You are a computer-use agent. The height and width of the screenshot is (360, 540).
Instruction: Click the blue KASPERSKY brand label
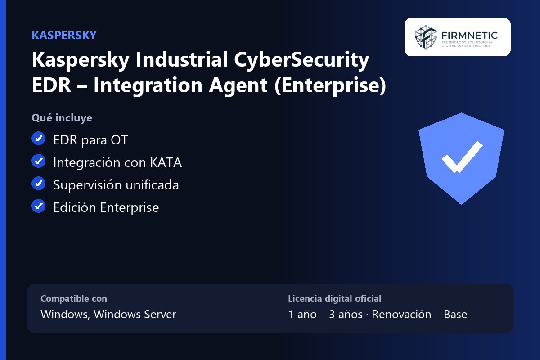click(x=64, y=35)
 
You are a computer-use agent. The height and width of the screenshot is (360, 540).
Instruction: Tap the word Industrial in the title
click(x=181, y=59)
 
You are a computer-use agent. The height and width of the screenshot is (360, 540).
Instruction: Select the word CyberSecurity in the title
click(x=301, y=61)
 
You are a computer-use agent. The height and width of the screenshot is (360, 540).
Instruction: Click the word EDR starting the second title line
click(x=51, y=85)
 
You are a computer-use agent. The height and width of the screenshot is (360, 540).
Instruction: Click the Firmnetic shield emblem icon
click(x=426, y=37)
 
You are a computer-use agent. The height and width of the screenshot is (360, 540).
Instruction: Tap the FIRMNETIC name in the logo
click(x=469, y=36)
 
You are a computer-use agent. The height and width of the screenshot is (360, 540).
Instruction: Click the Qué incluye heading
click(x=62, y=118)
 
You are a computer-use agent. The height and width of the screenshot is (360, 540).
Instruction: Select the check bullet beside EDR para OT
click(x=39, y=139)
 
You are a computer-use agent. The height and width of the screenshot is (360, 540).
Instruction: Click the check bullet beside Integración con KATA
click(x=39, y=161)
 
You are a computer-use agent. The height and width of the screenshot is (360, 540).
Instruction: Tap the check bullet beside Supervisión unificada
click(x=39, y=184)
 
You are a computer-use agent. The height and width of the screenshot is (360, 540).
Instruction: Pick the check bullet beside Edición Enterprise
click(x=39, y=206)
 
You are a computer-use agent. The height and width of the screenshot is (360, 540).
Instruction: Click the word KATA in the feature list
click(x=166, y=162)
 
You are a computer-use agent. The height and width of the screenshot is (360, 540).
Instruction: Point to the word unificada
click(x=152, y=185)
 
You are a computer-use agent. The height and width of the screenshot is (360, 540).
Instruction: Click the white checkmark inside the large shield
click(x=462, y=157)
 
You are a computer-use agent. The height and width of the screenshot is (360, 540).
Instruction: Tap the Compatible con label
click(x=74, y=298)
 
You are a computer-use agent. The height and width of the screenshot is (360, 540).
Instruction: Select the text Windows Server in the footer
click(x=135, y=315)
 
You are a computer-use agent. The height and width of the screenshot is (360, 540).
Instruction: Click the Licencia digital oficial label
click(x=335, y=298)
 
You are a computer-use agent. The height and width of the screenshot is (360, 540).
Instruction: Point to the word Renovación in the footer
click(x=401, y=315)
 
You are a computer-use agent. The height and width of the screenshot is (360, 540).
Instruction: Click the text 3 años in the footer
click(x=346, y=315)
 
